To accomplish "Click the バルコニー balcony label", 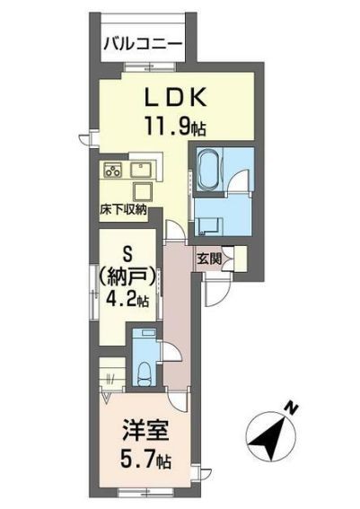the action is point(142,44).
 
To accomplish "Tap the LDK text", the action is point(175,97).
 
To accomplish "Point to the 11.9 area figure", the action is point(168,126).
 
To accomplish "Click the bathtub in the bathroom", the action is point(208,171).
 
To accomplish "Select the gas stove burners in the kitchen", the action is point(112,170).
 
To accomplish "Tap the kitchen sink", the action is point(141,170).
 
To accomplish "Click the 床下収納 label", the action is point(123,211).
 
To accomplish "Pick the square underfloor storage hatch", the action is point(143,192).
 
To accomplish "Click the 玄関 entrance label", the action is point(209,259).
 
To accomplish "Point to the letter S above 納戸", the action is point(127,254).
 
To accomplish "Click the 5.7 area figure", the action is point(138,461).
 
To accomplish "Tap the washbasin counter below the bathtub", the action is point(210,226).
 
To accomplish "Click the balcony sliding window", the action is point(150,67).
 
